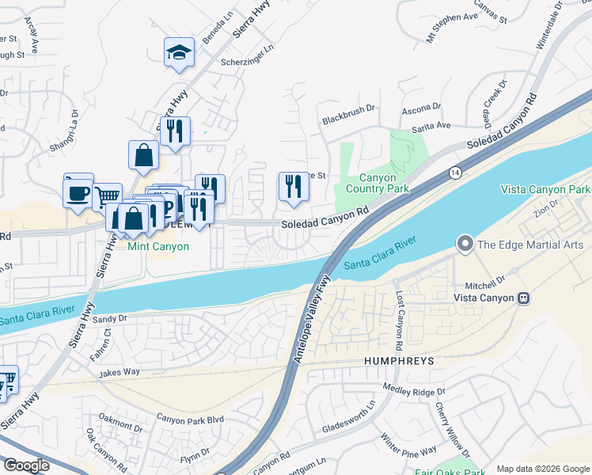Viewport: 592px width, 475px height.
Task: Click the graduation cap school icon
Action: pyautogui.click(x=179, y=53)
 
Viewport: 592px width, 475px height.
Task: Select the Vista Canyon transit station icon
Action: pyautogui.click(x=523, y=298)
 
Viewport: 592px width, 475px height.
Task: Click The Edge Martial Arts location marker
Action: pyautogui.click(x=465, y=244)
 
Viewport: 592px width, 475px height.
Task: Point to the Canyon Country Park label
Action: pyautogui.click(x=378, y=183)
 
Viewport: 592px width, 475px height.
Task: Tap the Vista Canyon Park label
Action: pyautogui.click(x=545, y=190)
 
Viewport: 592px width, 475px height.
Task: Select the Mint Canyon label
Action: pyautogui.click(x=158, y=247)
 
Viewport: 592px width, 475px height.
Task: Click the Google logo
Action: pyautogui.click(x=26, y=465)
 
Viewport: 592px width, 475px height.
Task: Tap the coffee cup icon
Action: pyautogui.click(x=78, y=192)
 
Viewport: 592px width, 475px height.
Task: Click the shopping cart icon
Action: pyautogui.click(x=107, y=196)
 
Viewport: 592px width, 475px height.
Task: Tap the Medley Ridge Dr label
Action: pyautogui.click(x=414, y=389)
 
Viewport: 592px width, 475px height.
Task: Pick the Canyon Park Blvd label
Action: pyautogui.click(x=190, y=418)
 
